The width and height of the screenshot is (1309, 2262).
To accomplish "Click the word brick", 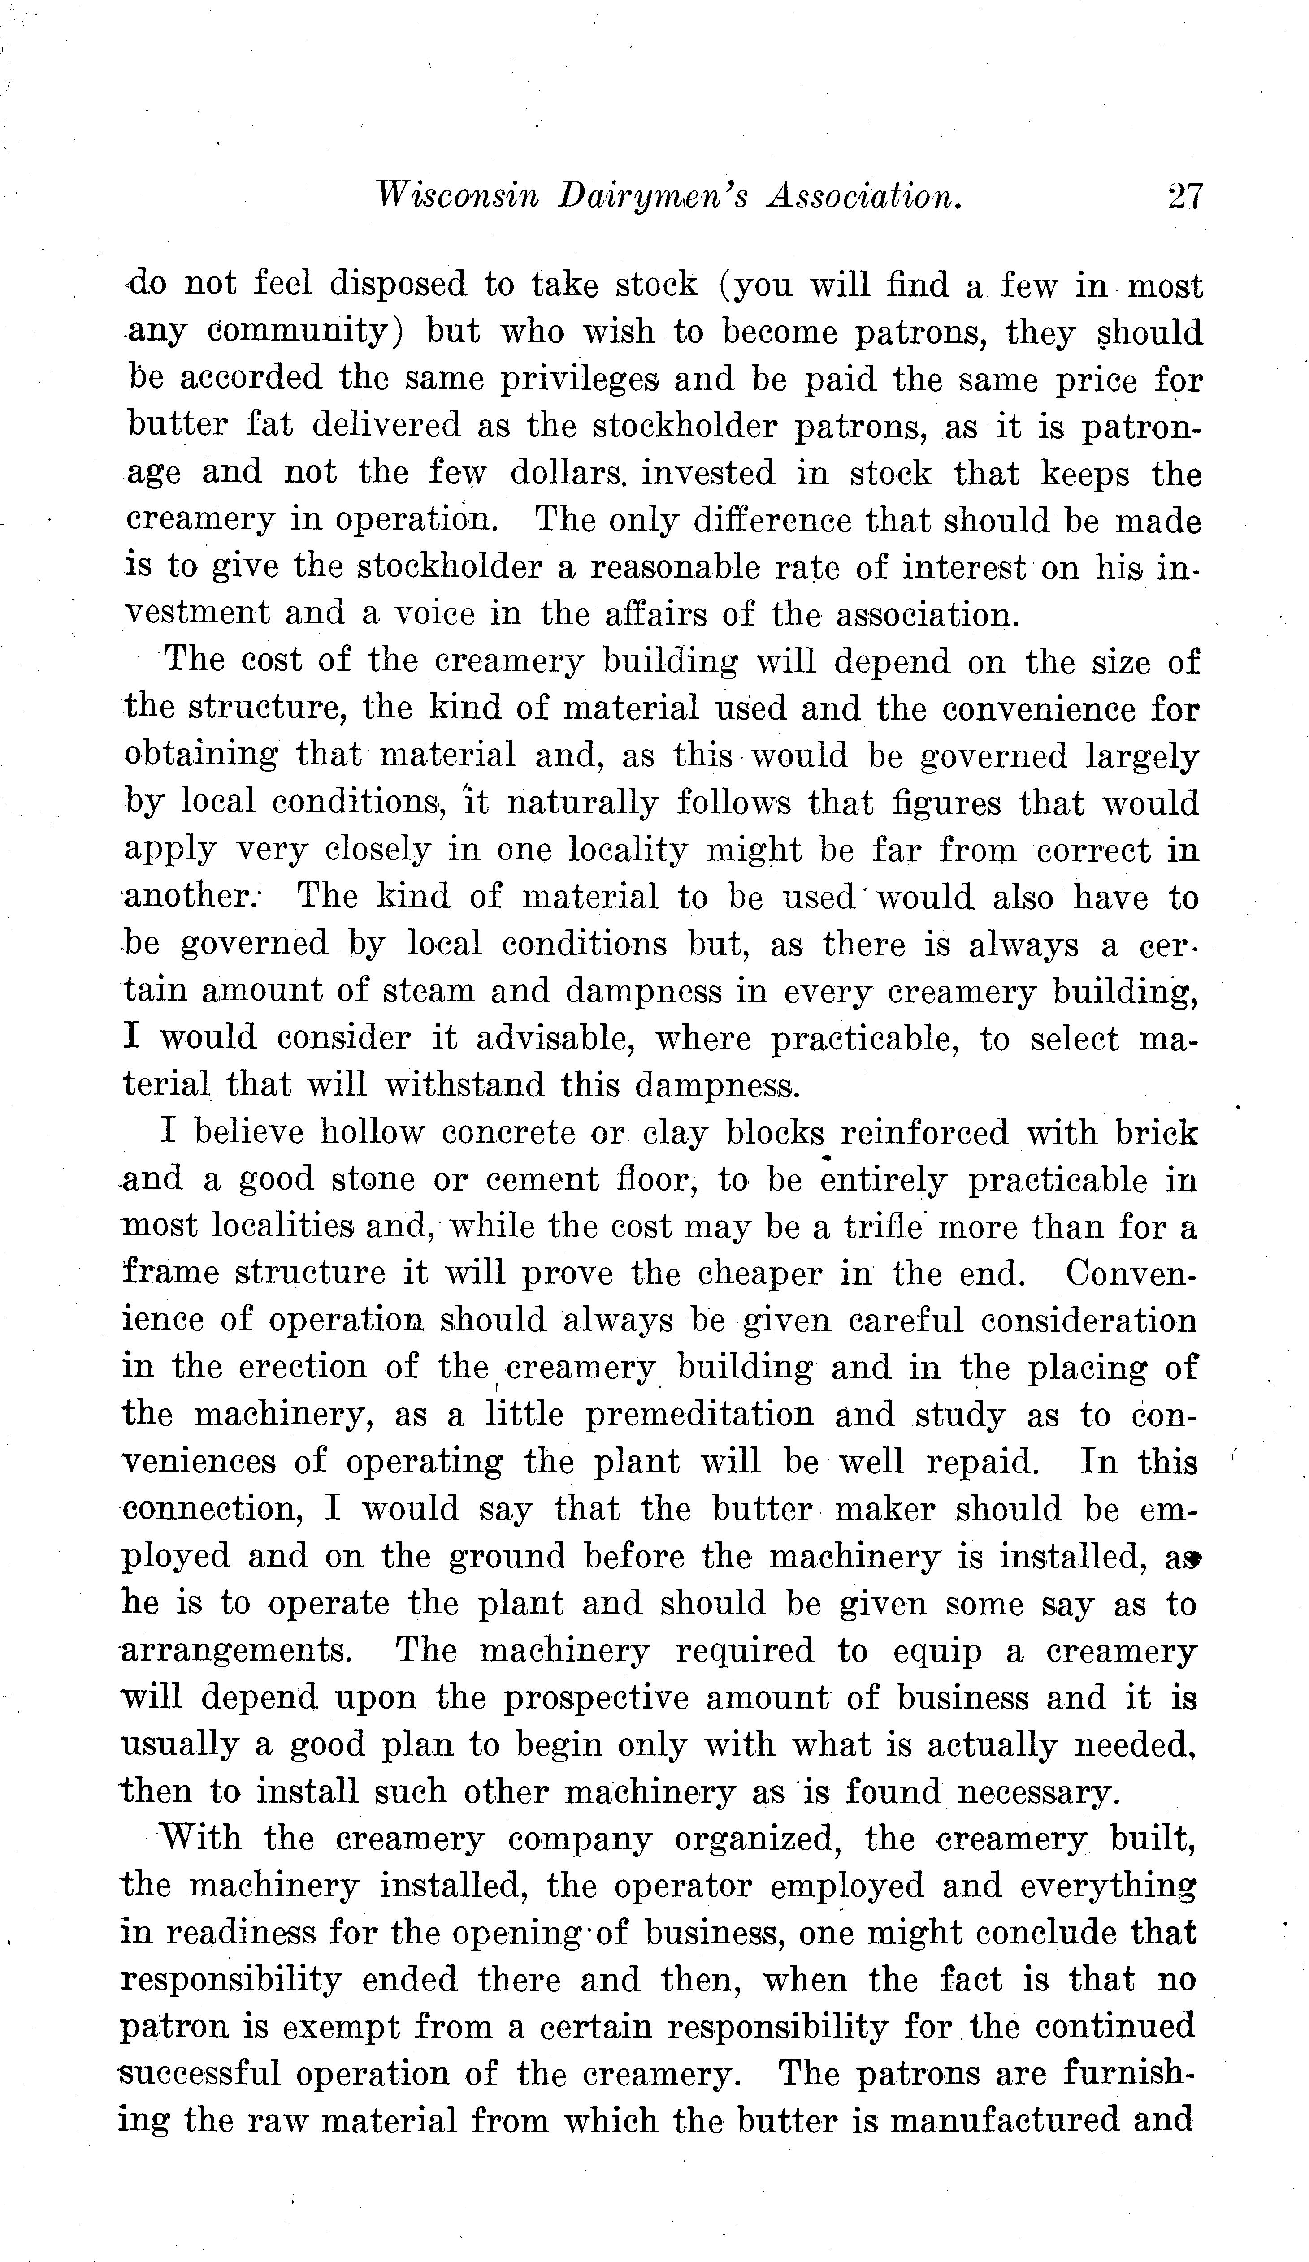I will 1157,1133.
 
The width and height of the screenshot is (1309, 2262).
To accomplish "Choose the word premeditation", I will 700,1416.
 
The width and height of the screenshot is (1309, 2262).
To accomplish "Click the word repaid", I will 982,1462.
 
